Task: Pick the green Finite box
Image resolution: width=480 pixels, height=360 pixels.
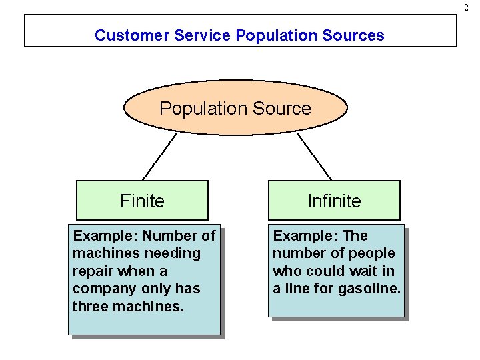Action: (142, 201)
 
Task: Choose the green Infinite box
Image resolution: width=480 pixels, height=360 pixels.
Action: (334, 201)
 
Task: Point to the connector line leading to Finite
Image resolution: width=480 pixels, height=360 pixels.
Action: (159, 157)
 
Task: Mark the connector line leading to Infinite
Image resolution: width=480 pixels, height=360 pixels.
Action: (314, 157)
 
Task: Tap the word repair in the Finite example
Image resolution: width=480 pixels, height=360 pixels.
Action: (94, 271)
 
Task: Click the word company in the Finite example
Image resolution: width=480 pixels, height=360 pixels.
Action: (103, 289)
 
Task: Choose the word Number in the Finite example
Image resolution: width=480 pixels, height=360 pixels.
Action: (169, 236)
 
